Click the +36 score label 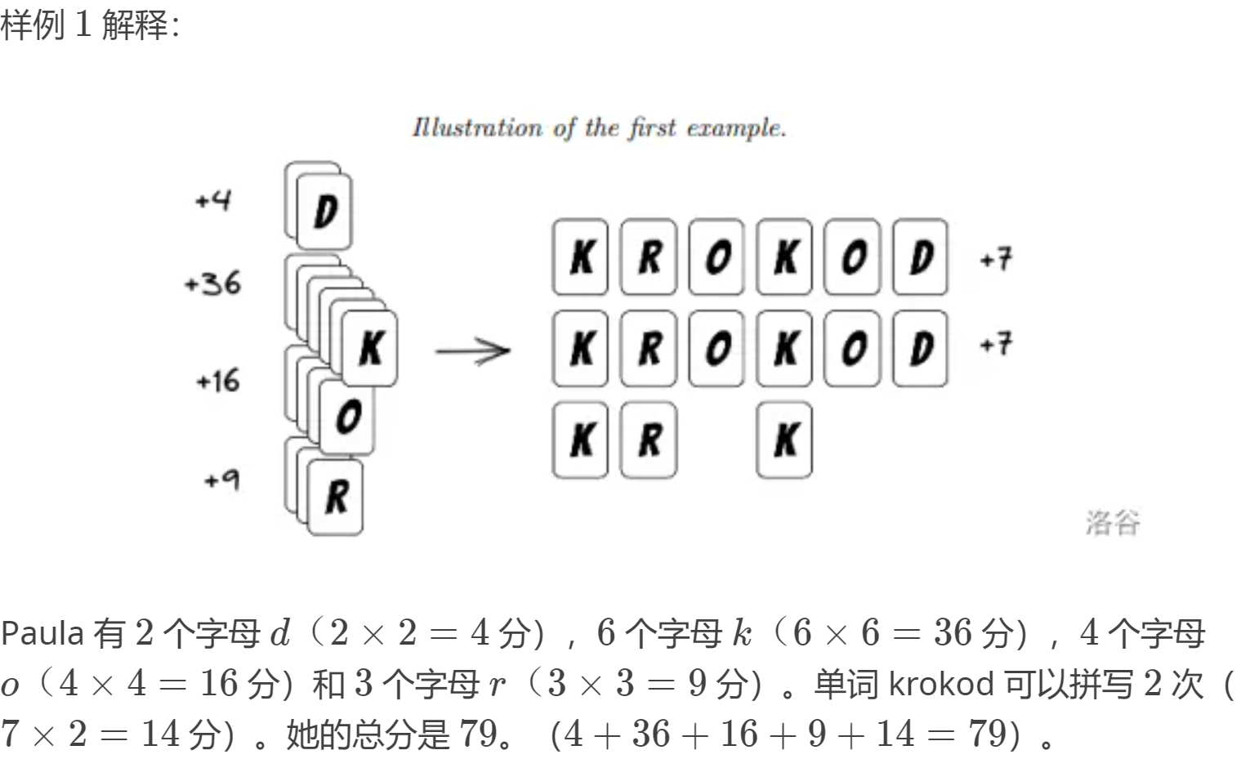(213, 284)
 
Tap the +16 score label (218, 381)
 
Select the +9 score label (222, 480)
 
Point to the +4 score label (213, 199)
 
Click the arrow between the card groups (472, 351)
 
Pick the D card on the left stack (324, 212)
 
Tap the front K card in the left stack (370, 349)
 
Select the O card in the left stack (348, 418)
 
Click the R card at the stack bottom (335, 496)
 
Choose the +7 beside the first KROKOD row (996, 260)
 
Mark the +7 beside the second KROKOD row (996, 344)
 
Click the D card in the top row (920, 257)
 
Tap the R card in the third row (649, 440)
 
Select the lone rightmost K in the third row (784, 440)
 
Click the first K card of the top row (581, 257)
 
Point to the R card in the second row (649, 349)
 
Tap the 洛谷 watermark (1112, 522)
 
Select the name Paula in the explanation (42, 633)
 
